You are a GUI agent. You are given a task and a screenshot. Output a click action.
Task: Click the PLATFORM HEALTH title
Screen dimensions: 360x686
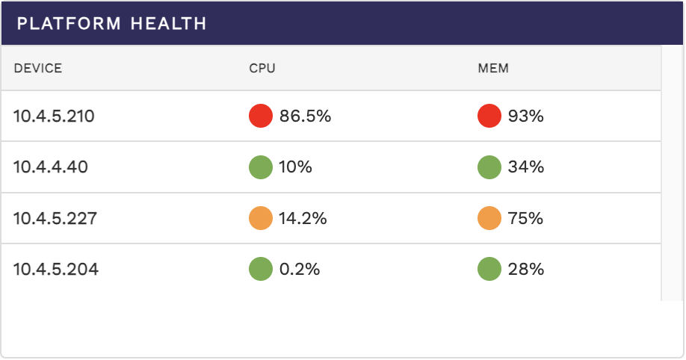pos(111,23)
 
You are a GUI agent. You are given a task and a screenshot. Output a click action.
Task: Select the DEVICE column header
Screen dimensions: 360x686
pos(38,69)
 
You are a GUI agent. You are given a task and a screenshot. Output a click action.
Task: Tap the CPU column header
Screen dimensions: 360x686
pos(262,69)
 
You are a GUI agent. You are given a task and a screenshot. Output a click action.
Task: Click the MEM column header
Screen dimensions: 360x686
pos(493,69)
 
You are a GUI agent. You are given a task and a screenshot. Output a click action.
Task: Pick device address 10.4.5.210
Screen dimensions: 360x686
pos(54,117)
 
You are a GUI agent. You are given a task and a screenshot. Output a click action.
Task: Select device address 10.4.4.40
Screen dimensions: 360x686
pos(51,167)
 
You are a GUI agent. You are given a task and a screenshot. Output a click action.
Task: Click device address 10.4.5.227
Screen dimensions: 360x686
pos(55,219)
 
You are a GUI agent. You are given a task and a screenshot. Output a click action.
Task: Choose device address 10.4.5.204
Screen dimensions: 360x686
pos(56,270)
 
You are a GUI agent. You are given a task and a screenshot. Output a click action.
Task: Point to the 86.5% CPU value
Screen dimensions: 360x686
pos(305,117)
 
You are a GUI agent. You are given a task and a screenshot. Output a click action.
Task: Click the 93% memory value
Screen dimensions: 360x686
pos(525,117)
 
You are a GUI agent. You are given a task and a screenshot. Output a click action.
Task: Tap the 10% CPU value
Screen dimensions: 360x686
pos(295,167)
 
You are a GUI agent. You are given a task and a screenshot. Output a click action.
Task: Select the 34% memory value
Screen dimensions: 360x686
pos(525,167)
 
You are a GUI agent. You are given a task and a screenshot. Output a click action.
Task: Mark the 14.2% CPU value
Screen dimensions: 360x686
pos(303,219)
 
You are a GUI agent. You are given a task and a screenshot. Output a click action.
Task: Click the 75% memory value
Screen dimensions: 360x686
pos(525,219)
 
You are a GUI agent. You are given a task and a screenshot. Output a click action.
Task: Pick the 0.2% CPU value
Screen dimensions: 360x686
pos(300,270)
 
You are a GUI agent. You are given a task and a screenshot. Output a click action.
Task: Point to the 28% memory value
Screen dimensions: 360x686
pos(525,270)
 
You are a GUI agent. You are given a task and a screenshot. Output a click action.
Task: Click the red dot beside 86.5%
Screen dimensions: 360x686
pos(261,116)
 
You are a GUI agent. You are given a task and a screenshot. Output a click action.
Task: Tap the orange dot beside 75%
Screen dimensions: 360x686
pos(489,218)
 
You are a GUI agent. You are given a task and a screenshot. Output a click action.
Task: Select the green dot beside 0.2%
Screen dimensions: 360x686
pos(261,269)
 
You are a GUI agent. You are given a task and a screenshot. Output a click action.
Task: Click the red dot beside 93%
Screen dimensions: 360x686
pos(489,116)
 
